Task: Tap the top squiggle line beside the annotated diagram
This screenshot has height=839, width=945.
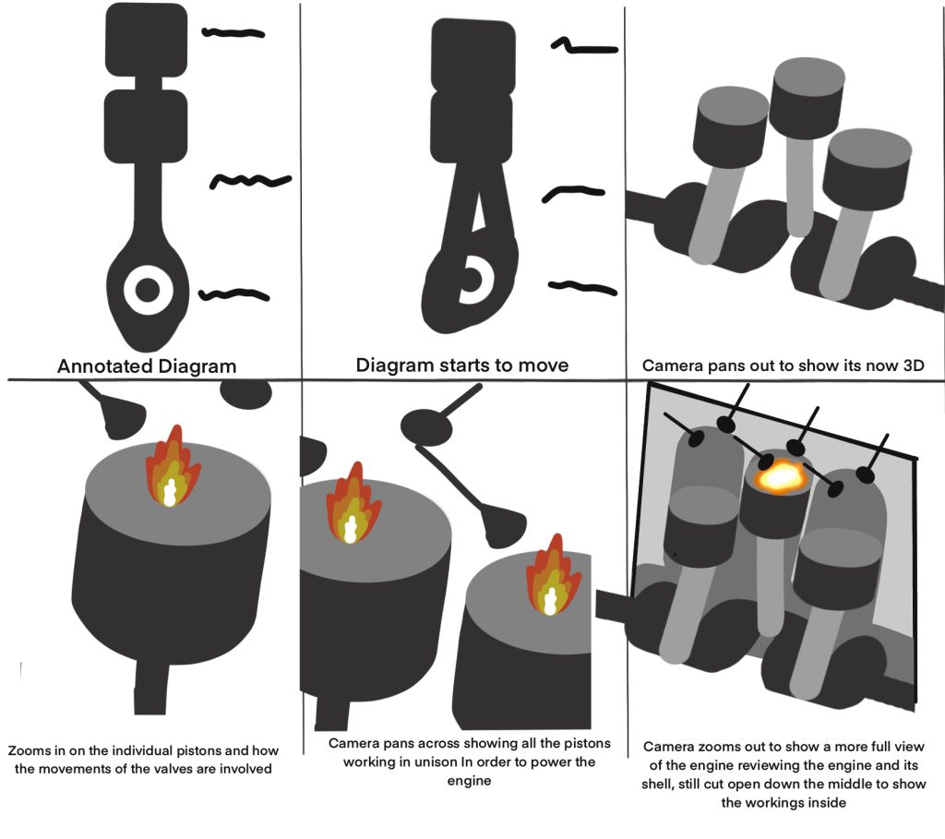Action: (x=233, y=33)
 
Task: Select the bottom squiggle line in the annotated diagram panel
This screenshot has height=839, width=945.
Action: (x=234, y=295)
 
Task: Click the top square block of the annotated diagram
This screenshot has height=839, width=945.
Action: (x=147, y=40)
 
